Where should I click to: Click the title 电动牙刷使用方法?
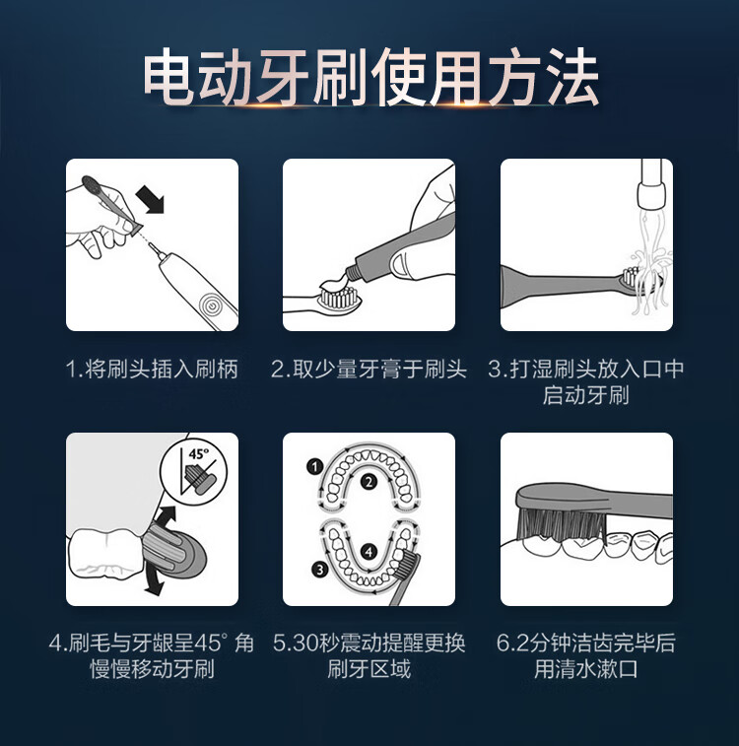(x=370, y=77)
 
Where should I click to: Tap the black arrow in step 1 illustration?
(x=150, y=199)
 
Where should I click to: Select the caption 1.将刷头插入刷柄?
(x=152, y=370)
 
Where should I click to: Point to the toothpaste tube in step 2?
(x=399, y=252)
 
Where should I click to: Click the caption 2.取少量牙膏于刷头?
(x=369, y=370)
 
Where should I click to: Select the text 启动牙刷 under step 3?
(x=586, y=396)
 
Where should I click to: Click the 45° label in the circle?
(x=198, y=454)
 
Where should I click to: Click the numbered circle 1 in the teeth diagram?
(x=314, y=467)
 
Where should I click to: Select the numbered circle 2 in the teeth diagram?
(x=369, y=482)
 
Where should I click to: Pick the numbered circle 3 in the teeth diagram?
(x=319, y=569)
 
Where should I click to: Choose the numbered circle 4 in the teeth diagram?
(x=369, y=552)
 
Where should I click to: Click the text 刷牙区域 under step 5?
(x=369, y=669)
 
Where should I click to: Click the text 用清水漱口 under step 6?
(x=586, y=669)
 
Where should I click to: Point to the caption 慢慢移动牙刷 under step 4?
(x=152, y=669)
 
